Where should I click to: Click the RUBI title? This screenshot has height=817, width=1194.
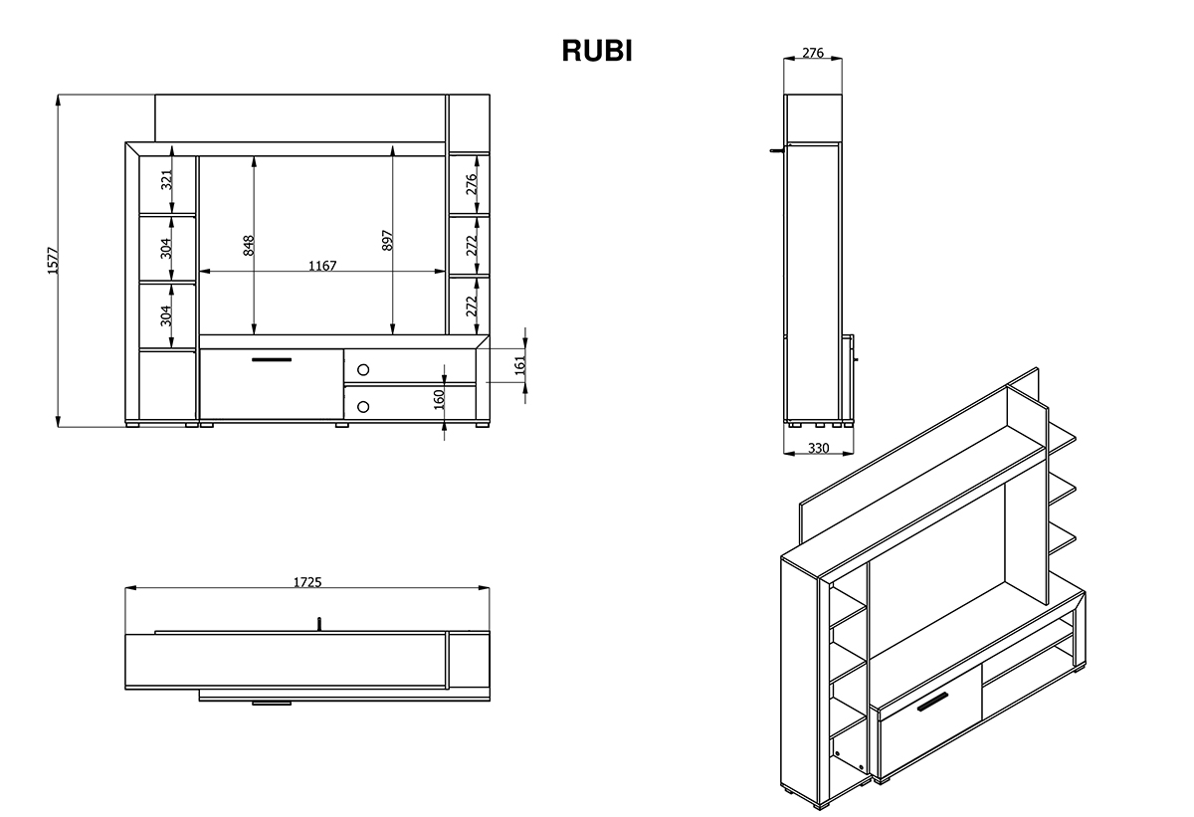(596, 51)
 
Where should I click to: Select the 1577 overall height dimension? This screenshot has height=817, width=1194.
(53, 261)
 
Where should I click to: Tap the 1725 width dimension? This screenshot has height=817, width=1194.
(307, 582)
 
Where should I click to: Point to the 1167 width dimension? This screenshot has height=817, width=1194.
(322, 266)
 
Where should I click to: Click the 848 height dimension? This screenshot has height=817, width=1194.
(249, 245)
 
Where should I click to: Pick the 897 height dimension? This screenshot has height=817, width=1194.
(387, 241)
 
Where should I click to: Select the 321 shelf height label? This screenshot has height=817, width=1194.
(167, 179)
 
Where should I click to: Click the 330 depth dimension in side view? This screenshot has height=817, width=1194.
(818, 448)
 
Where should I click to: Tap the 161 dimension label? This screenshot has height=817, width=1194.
(520, 365)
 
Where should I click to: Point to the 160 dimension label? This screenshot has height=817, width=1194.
(439, 400)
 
